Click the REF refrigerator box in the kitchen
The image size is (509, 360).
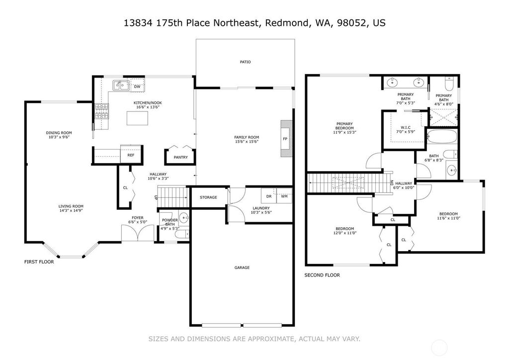(x=131, y=154)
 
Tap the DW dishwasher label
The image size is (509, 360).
(x=137, y=87)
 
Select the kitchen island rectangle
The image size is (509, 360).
(x=137, y=118)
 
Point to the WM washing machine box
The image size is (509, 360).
(x=284, y=196)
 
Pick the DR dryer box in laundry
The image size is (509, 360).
(x=269, y=196)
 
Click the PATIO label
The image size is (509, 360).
(x=246, y=62)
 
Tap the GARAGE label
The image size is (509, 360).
(x=242, y=268)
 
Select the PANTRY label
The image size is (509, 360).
(x=181, y=157)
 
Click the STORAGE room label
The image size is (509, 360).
(x=208, y=197)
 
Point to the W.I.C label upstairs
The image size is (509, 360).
(x=404, y=128)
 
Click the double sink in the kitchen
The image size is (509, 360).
(x=121, y=86)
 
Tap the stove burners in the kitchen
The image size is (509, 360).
(x=102, y=111)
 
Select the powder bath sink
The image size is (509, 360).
(x=184, y=217)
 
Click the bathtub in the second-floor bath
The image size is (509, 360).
(x=442, y=137)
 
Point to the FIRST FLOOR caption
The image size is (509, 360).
(x=39, y=262)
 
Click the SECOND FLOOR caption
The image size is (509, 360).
(x=322, y=275)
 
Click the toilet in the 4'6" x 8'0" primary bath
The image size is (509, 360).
(x=449, y=84)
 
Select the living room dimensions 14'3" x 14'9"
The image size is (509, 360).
(x=71, y=210)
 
